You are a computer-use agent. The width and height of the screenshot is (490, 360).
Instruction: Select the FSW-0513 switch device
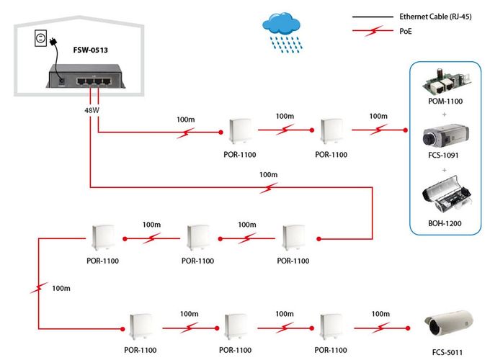[81, 76]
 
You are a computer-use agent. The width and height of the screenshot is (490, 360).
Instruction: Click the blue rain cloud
[282, 27]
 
